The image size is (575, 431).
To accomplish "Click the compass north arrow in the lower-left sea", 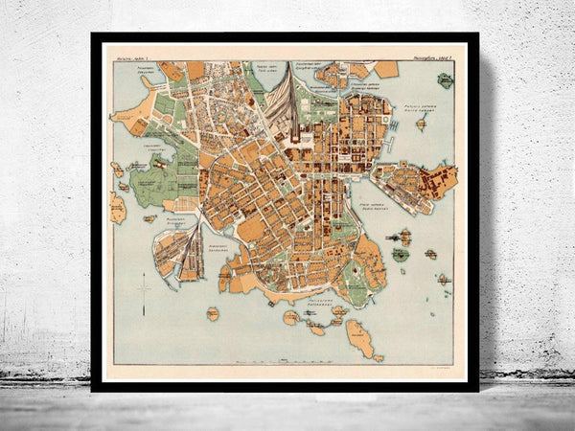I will (143, 284).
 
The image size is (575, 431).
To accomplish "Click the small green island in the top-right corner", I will (446, 80).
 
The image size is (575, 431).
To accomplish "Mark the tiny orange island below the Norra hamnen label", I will (422, 124).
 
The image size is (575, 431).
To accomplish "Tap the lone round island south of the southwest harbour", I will (212, 313).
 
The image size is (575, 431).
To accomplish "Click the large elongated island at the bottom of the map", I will (359, 337).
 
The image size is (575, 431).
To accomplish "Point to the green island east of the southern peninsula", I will (401, 254).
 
